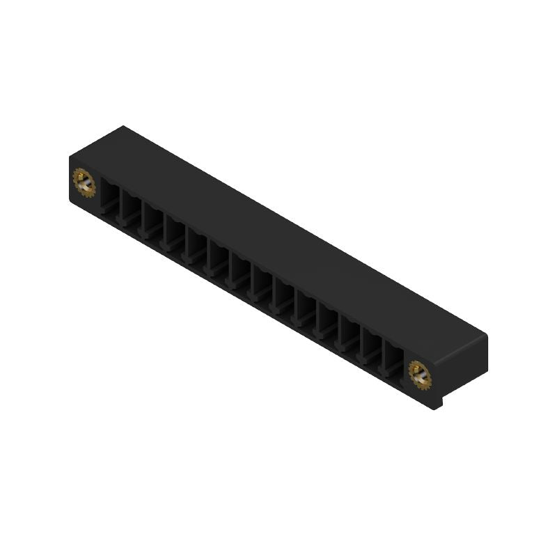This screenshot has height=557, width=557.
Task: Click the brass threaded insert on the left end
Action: coord(84,183)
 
